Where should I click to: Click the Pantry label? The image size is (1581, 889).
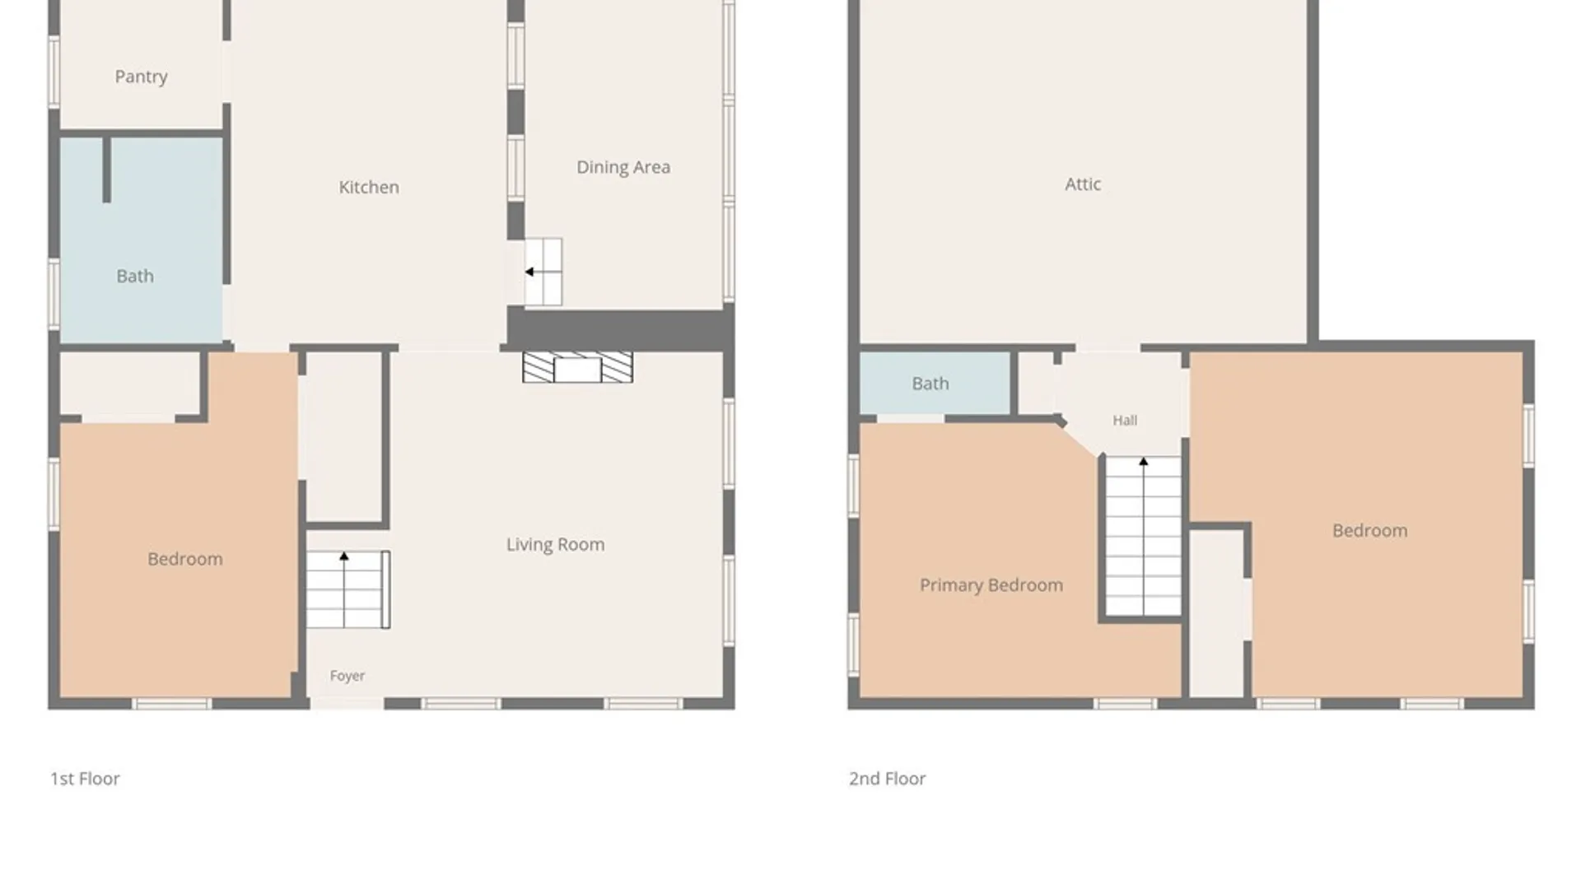141,77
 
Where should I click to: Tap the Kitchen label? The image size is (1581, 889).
369,188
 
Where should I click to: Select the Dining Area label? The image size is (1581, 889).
623,167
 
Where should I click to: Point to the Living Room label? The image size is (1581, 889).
555,544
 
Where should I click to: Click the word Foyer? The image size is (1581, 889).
347,676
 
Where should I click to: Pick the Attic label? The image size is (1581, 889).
1083,184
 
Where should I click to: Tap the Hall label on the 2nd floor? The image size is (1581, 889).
1125,421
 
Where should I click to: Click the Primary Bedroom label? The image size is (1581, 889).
991,585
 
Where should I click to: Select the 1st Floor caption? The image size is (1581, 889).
85,779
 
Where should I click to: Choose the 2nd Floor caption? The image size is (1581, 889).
888,779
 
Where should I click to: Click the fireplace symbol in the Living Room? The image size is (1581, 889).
578,367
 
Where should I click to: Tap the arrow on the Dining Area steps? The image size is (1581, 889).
543,272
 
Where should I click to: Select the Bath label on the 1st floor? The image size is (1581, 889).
135,277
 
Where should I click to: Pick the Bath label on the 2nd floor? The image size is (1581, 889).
930,384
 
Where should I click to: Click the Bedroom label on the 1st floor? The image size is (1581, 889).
185,559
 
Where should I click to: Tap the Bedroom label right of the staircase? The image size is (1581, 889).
1370,531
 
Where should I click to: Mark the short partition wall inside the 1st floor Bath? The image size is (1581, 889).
106,170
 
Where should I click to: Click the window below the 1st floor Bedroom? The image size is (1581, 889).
172,704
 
